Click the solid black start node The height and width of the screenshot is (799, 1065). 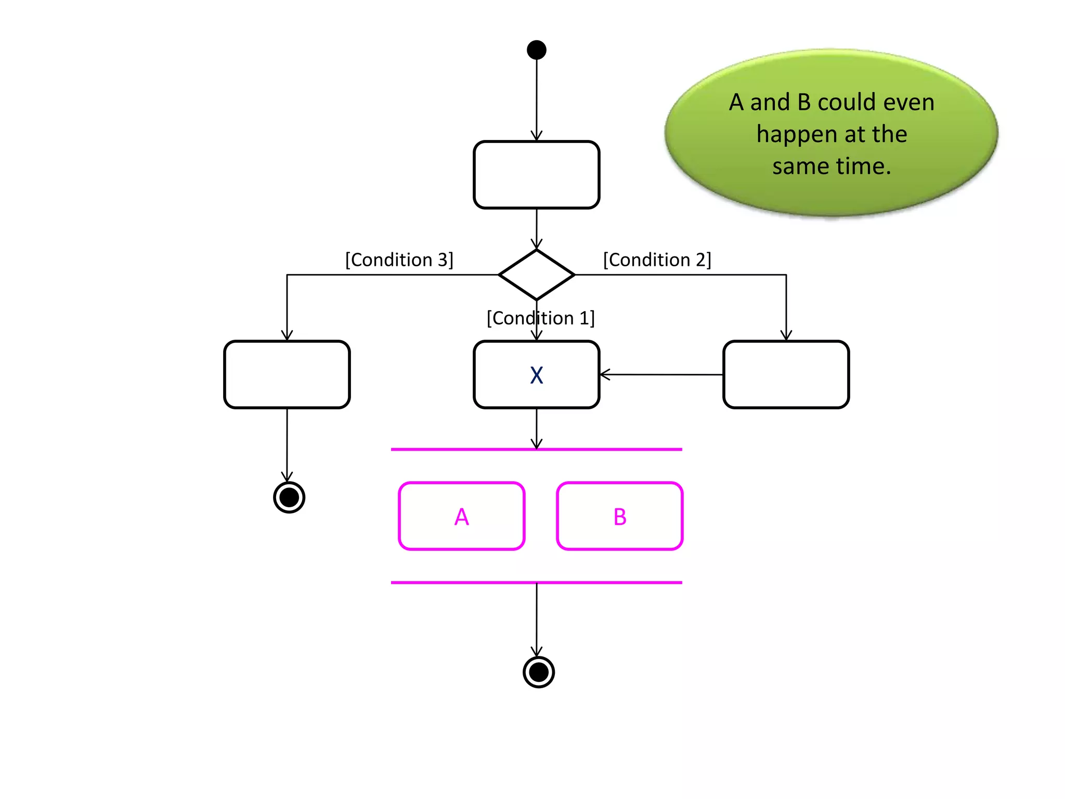(x=536, y=50)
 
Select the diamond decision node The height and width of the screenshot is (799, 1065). (x=536, y=275)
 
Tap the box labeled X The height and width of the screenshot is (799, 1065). (x=536, y=375)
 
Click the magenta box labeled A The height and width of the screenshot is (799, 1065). (x=461, y=516)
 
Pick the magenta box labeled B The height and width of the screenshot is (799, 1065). (x=619, y=516)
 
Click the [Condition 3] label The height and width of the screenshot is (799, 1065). (x=399, y=260)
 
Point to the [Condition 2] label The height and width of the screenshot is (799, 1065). (x=657, y=260)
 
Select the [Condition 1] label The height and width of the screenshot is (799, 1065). (x=540, y=318)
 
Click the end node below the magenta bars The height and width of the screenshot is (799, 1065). (x=538, y=672)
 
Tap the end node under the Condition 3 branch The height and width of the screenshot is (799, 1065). (x=289, y=497)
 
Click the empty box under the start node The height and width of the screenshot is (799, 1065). (x=536, y=175)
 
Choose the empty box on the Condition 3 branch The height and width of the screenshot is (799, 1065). (x=287, y=375)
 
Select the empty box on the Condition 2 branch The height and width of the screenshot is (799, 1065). (x=786, y=375)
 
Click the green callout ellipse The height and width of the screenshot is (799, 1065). (x=830, y=198)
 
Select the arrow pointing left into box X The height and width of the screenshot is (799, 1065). (x=660, y=375)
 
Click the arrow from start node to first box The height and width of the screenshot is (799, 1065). (x=537, y=99)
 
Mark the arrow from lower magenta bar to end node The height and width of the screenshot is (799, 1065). (x=537, y=619)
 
